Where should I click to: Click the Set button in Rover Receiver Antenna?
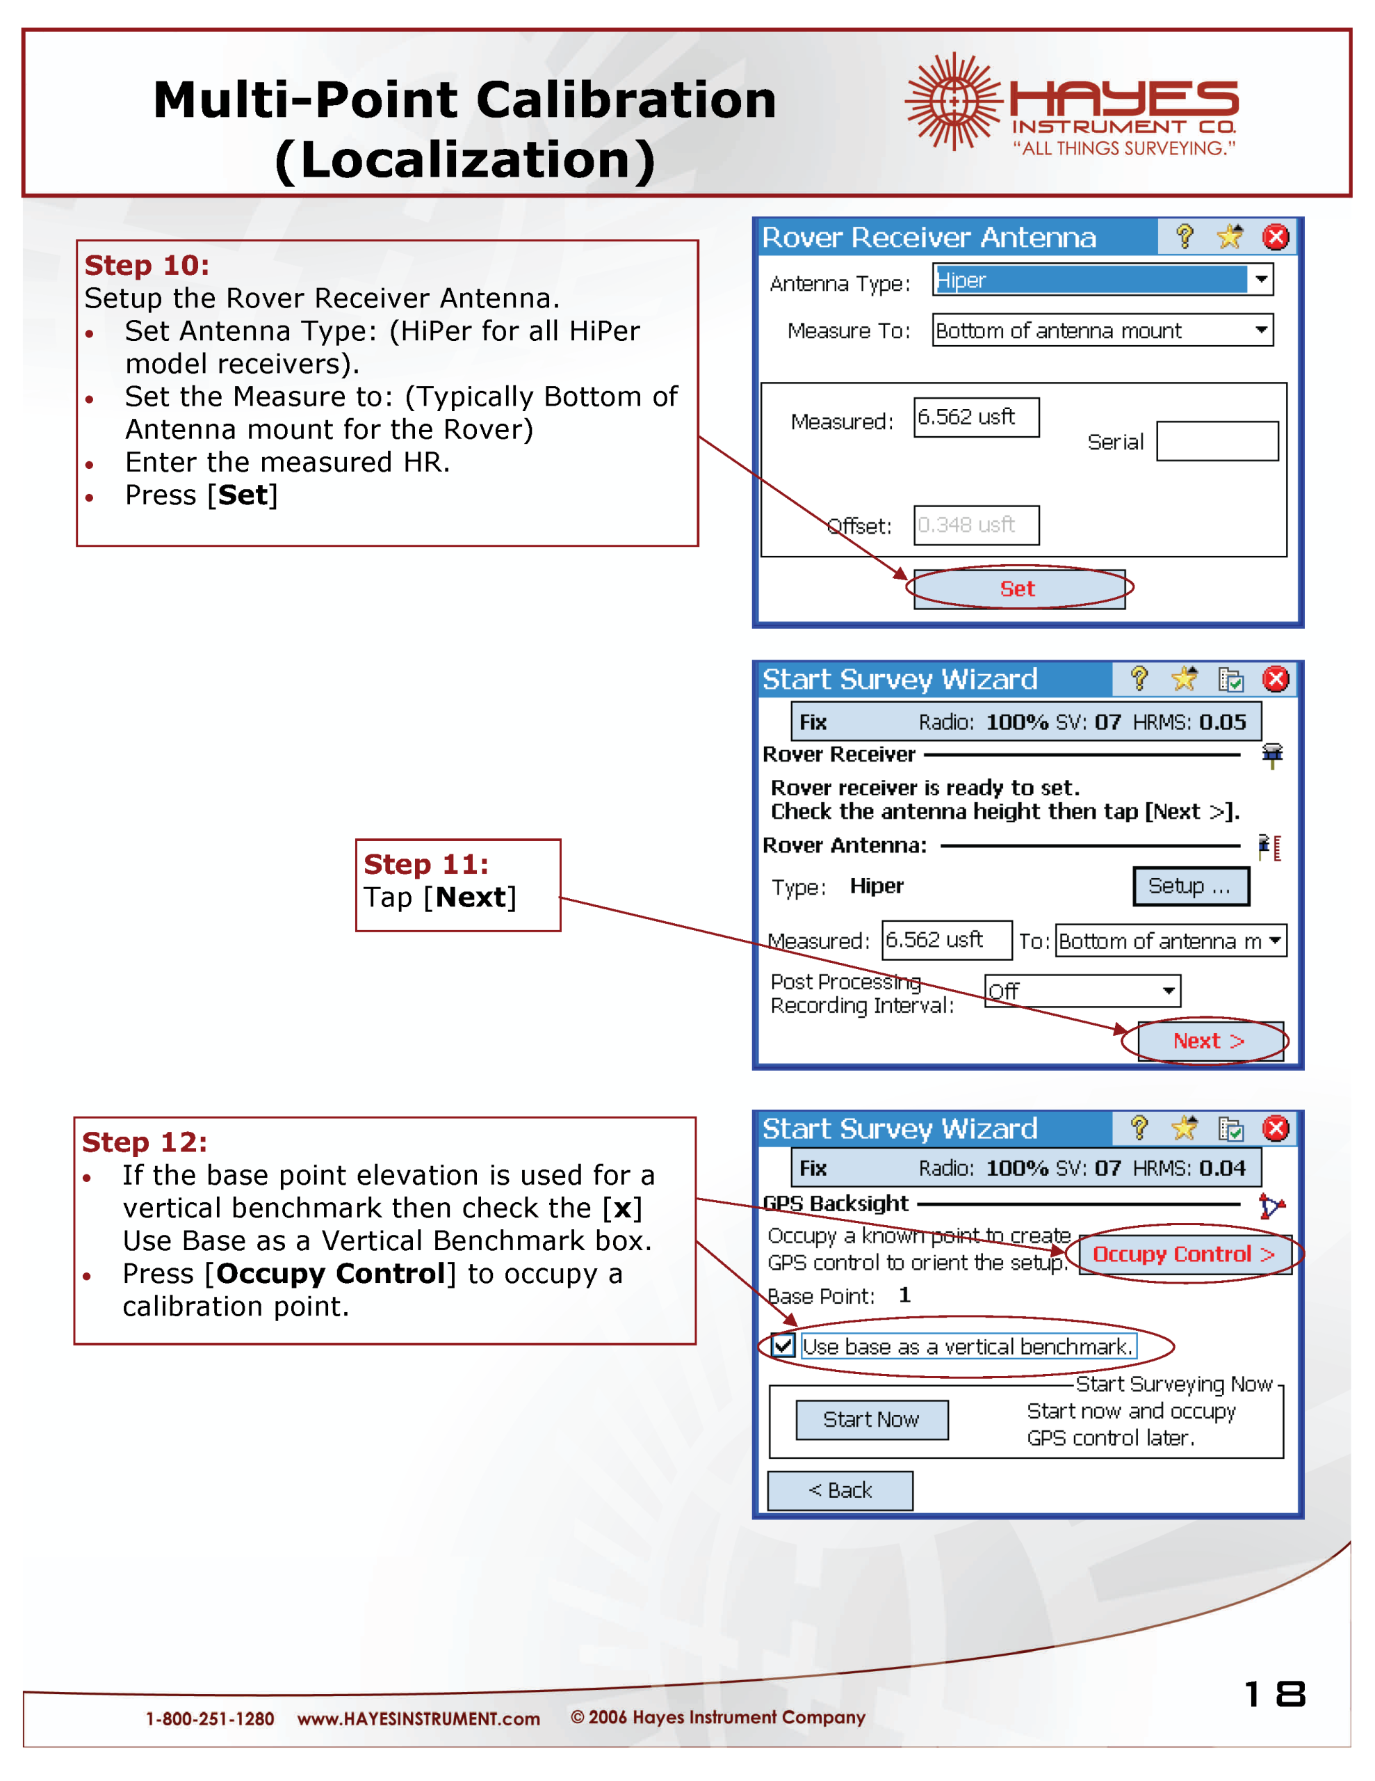tap(1019, 589)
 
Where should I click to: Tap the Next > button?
tap(1210, 1041)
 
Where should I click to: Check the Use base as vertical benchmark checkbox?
tap(783, 1345)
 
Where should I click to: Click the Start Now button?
tap(871, 1420)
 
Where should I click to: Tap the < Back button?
tap(840, 1491)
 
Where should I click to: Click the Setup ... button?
tap(1190, 886)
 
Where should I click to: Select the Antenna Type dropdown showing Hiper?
tap(1102, 280)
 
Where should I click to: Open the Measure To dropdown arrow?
tap(1261, 330)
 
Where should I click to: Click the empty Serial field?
tap(1217, 441)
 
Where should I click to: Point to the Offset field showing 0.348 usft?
tap(975, 525)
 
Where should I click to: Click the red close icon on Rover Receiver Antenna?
tap(1276, 237)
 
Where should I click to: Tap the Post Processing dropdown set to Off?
tap(1082, 991)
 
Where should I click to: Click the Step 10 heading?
tap(147, 265)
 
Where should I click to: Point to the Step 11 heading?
tap(426, 864)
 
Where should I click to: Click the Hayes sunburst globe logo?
tap(953, 102)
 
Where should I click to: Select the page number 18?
tap(1275, 1695)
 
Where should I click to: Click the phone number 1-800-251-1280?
tap(209, 1719)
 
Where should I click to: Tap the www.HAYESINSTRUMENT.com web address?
tap(418, 1719)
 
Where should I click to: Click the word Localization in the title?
tap(464, 160)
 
